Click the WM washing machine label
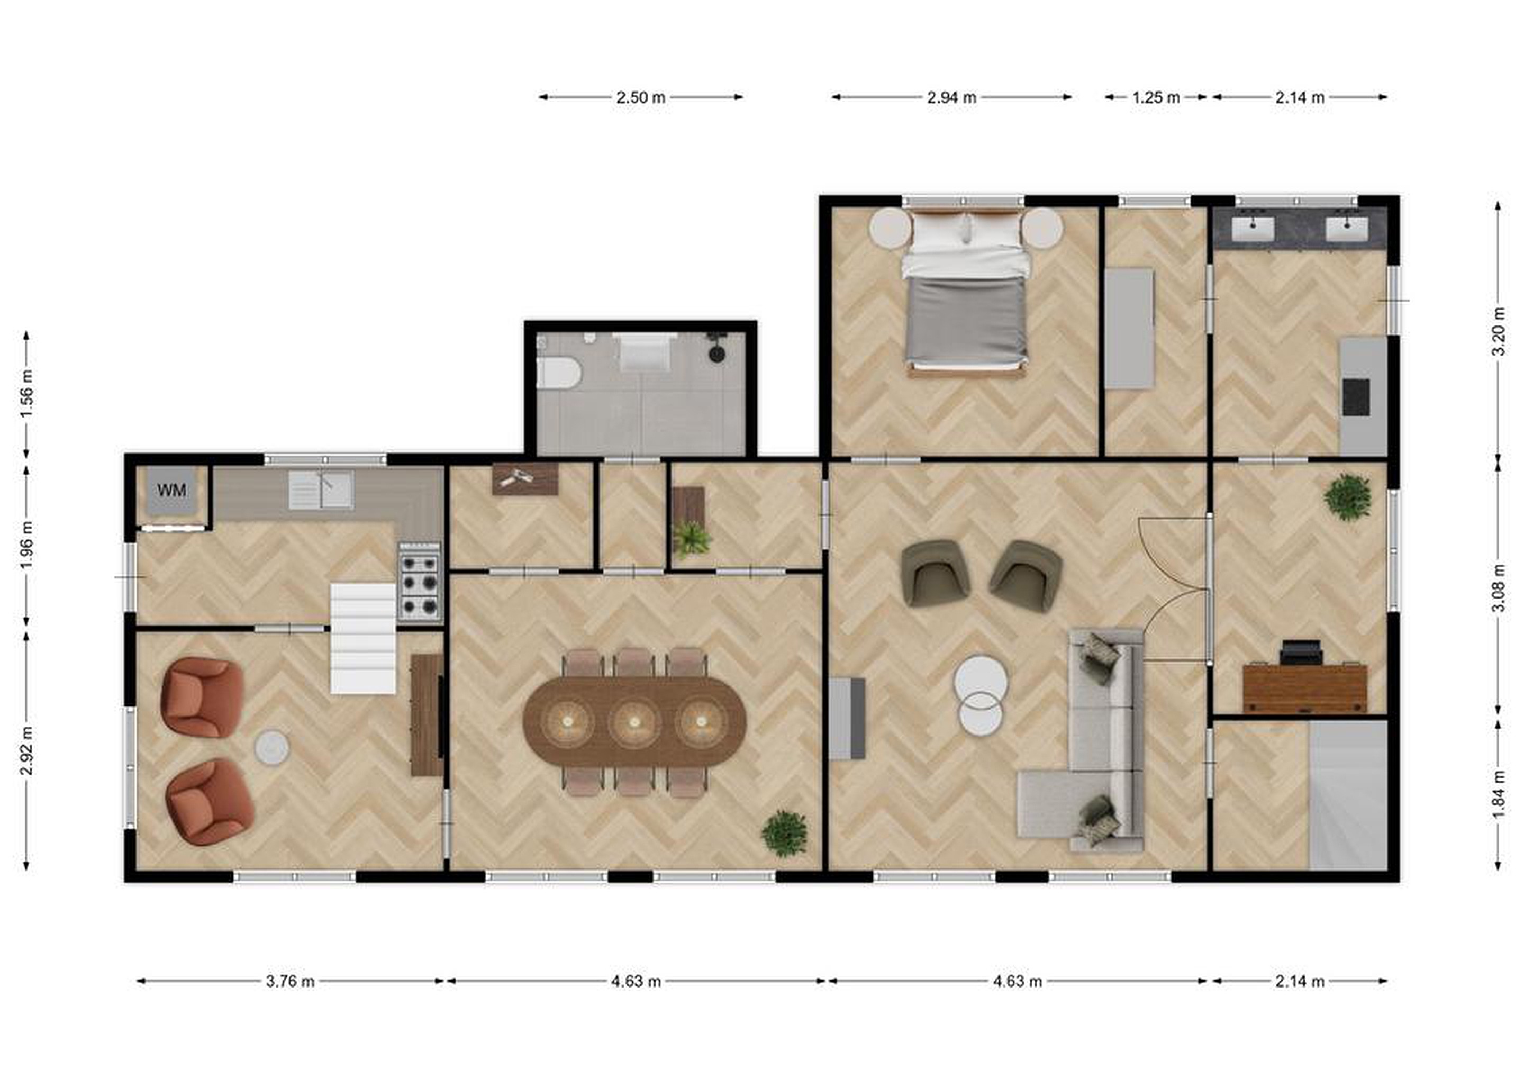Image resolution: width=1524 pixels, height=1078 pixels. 171,491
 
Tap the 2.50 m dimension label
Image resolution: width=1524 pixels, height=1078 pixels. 640,97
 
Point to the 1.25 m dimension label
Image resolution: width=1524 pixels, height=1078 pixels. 1156,97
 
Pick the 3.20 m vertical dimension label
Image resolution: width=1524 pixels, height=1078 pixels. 1498,332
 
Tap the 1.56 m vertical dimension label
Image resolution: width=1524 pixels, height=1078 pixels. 26,394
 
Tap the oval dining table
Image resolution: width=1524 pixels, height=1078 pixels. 634,721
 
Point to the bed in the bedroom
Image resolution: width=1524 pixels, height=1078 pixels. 966,292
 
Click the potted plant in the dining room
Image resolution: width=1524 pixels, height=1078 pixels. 785,833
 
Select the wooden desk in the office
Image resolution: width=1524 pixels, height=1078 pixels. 1304,689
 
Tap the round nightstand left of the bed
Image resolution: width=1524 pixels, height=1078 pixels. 890,228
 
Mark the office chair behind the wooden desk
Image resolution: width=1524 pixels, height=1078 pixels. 1301,652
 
